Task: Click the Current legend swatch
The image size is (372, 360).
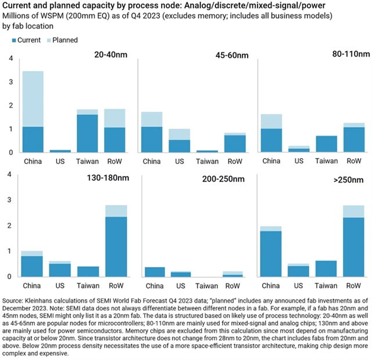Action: tap(15, 40)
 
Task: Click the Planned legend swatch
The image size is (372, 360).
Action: tap(48, 40)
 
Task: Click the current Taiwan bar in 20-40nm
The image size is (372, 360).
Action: tap(87, 133)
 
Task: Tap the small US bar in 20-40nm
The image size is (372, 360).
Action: tap(60, 151)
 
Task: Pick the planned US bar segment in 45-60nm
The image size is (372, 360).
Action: tap(180, 134)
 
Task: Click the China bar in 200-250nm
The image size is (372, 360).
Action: tap(154, 272)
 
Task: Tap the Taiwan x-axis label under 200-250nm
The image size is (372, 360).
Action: tap(206, 286)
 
